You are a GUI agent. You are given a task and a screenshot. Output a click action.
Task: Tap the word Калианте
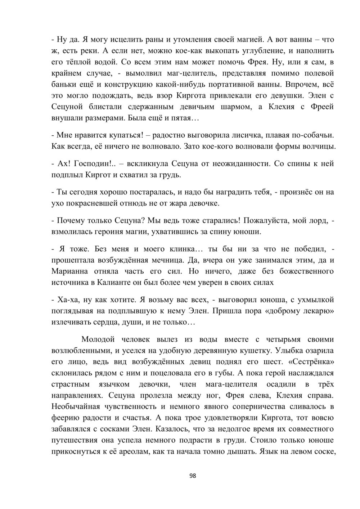click(x=113, y=282)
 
